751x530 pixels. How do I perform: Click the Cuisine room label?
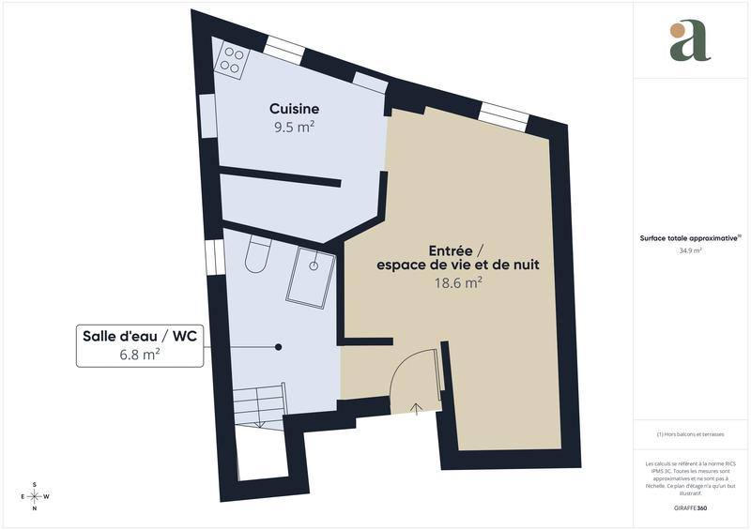294,109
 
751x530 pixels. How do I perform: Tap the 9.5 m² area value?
294,129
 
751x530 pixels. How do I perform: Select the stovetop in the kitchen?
231,59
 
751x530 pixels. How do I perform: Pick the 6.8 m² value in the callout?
139,355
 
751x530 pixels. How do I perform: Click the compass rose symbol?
35,496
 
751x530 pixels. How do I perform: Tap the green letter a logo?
689,41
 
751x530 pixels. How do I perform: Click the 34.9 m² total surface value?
691,251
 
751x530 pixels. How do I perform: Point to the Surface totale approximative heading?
690,239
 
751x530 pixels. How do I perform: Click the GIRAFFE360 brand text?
690,507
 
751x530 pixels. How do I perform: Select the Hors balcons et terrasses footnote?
691,434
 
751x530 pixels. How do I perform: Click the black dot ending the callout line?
279,347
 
